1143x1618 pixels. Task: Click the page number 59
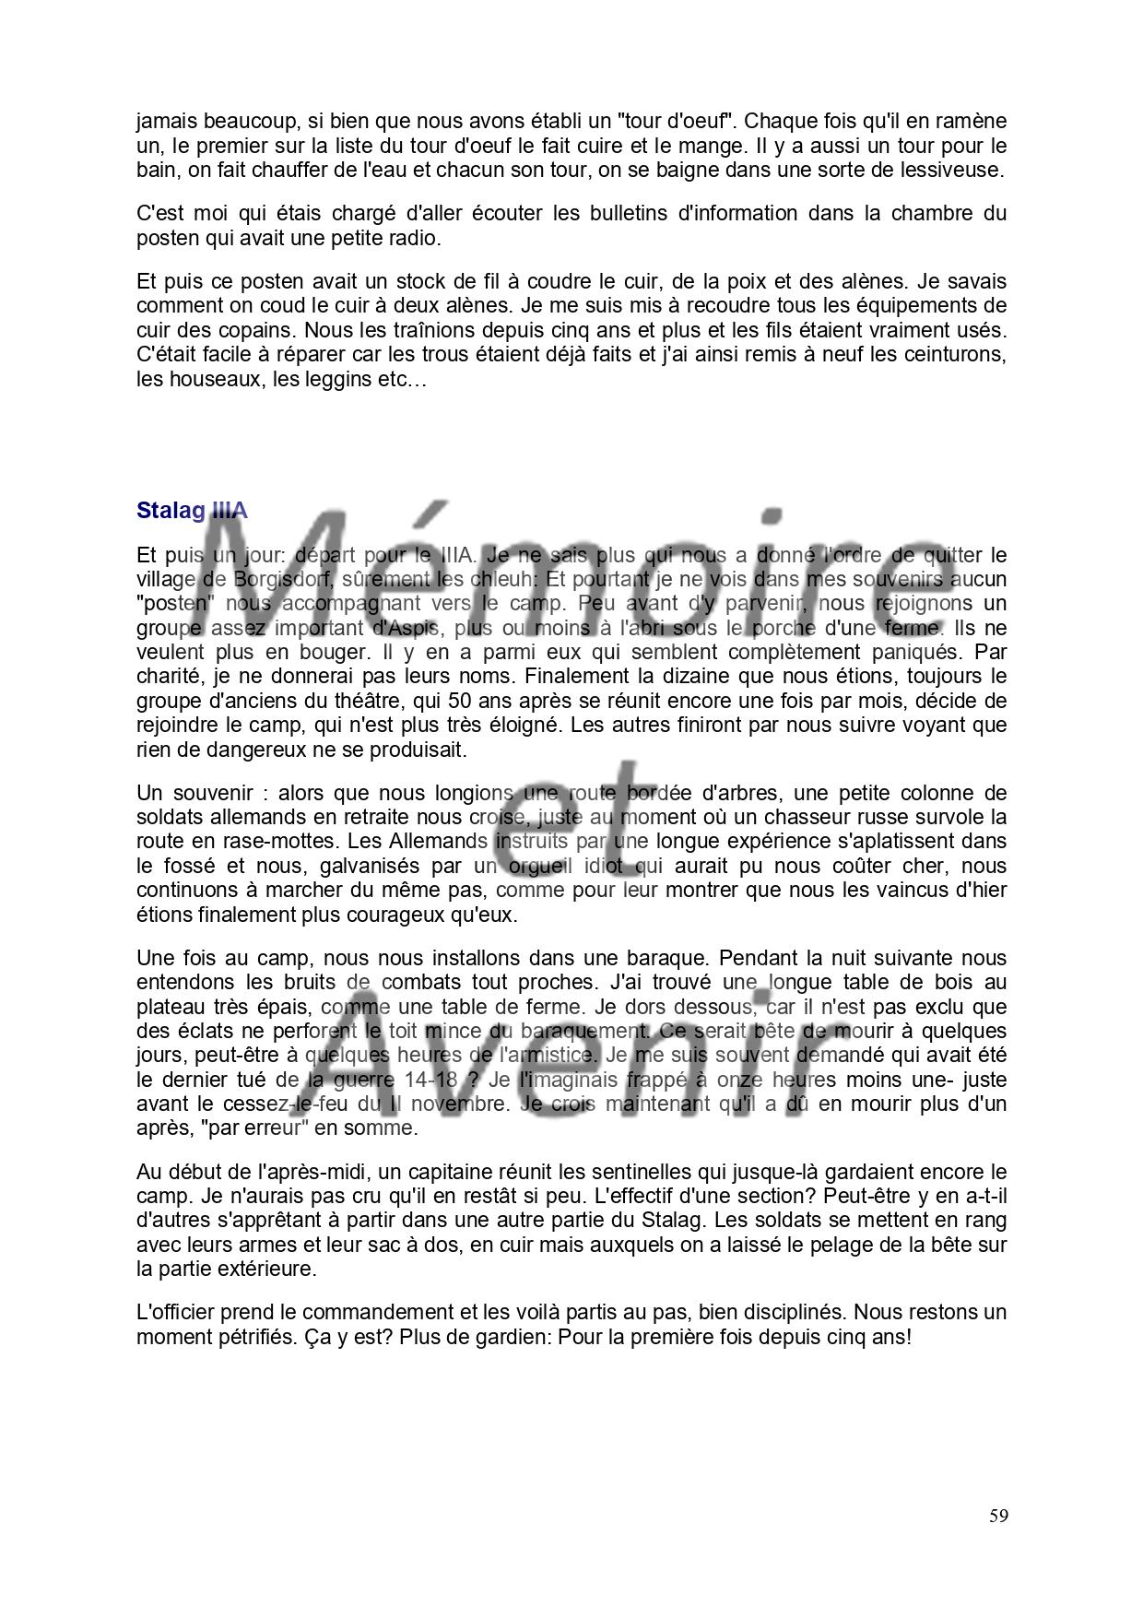pos(998,1517)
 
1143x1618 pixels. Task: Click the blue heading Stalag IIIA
pos(192,511)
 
